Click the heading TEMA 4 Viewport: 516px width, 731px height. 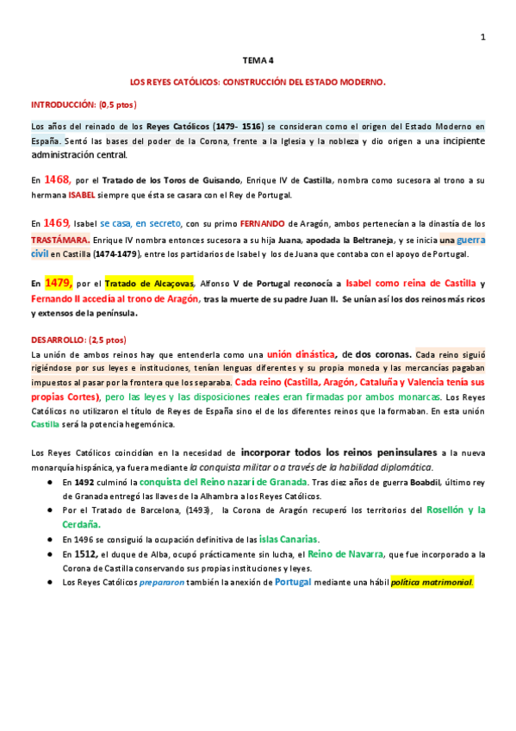point(258,60)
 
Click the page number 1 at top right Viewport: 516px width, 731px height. point(483,36)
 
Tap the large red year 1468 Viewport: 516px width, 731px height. point(57,179)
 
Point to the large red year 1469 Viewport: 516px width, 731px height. point(57,222)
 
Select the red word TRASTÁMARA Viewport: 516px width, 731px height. point(60,239)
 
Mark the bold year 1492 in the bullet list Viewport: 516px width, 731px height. point(84,482)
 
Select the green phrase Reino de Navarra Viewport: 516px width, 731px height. point(365,553)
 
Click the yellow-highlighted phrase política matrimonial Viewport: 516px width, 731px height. point(431,582)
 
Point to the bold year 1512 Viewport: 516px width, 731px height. point(86,553)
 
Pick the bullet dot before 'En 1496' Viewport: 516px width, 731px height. point(52,540)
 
